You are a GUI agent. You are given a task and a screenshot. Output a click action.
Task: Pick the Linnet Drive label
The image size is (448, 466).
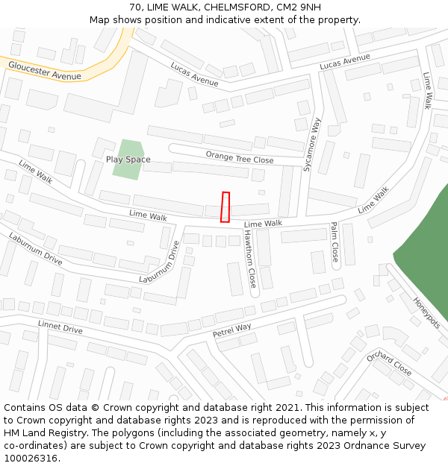coord(60,327)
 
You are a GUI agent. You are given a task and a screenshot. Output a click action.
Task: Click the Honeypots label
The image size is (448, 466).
coord(427,312)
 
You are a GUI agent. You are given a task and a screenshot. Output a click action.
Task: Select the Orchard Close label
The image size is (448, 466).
coord(389,363)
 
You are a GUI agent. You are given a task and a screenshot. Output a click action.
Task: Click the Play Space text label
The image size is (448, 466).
coord(128,160)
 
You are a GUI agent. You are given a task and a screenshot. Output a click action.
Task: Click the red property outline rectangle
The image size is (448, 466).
coord(225,207)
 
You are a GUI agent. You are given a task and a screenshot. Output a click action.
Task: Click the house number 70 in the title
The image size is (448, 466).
coord(135,7)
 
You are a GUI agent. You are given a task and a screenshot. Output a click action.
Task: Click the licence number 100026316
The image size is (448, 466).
coord(32,459)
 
